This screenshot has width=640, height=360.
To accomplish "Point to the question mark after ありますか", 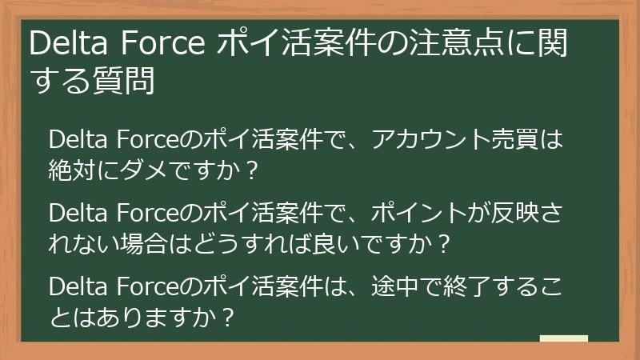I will [228, 316].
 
